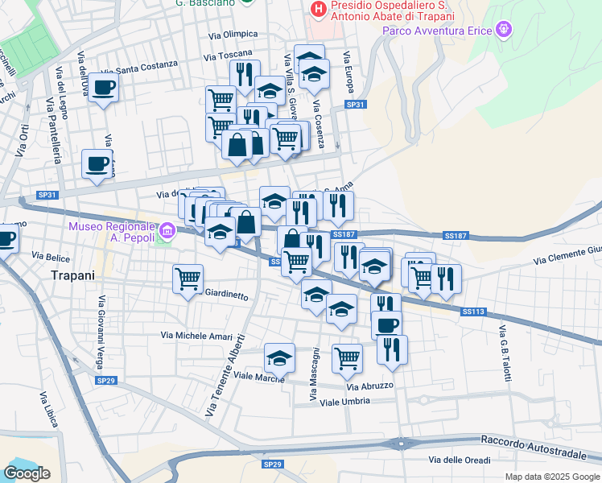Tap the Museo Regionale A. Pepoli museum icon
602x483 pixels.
(x=167, y=231)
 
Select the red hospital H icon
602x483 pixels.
(x=319, y=10)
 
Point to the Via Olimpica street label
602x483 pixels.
(x=233, y=34)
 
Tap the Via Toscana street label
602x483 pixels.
(x=228, y=56)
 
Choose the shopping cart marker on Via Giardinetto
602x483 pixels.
(x=188, y=279)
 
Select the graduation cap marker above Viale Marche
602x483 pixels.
(x=279, y=357)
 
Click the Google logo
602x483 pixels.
(x=27, y=473)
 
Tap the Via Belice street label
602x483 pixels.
(x=51, y=255)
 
